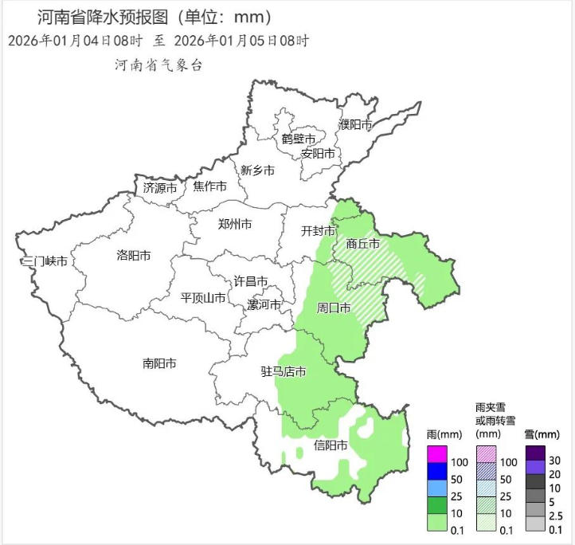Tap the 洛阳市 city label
coord(134,256)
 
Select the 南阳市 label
coord(159,363)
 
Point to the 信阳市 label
coord(331,445)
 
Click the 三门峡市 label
coord(45,261)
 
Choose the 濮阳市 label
coord(355,125)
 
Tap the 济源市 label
coord(160,188)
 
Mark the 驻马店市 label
coord(284,372)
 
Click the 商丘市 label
coord(363,243)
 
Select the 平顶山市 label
coord(203,298)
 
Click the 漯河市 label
coord(264,305)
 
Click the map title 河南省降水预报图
coord(104,17)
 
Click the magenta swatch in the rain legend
coord(437,453)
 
